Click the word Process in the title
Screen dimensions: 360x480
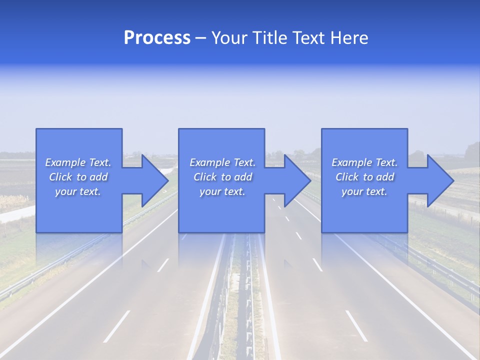click(x=157, y=38)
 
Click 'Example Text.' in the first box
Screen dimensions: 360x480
click(x=78, y=162)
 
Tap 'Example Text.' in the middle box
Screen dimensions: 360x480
click(x=222, y=162)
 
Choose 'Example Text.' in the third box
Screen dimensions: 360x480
click(x=364, y=162)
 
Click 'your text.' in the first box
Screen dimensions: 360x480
click(x=78, y=191)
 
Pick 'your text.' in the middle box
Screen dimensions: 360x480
click(x=222, y=191)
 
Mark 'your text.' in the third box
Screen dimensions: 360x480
click(x=364, y=191)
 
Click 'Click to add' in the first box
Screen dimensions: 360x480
click(x=78, y=177)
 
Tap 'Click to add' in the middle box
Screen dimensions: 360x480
click(x=222, y=177)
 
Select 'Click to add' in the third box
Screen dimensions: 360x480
click(x=364, y=177)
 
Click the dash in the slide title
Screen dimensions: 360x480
click(x=200, y=38)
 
